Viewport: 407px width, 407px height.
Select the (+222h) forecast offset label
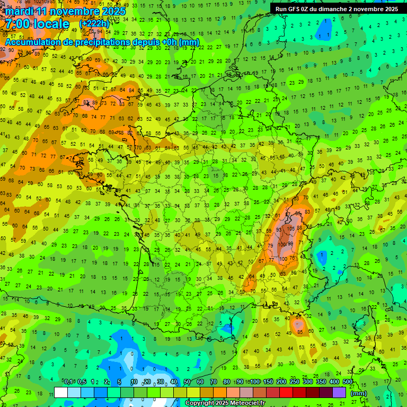[x=94, y=24]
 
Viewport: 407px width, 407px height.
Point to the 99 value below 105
[x=290, y=243]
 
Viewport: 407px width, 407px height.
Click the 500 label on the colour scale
[x=347, y=382]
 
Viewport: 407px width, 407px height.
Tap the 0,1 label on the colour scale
[x=68, y=382]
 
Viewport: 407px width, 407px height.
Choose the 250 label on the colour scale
[x=294, y=382]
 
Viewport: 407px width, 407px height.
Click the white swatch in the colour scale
[x=61, y=392]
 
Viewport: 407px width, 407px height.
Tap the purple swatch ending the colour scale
[x=339, y=392]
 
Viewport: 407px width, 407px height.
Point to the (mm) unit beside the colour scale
[x=359, y=394]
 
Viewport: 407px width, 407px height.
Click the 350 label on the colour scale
[x=321, y=382]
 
